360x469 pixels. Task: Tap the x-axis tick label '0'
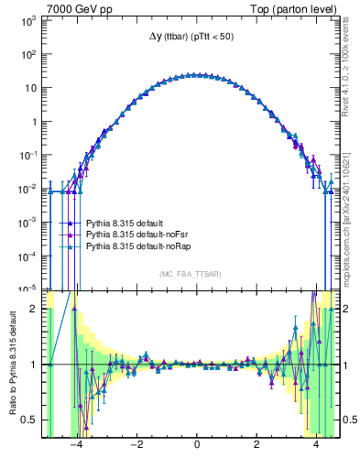click(197, 446)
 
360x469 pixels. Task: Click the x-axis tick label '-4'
click(76, 446)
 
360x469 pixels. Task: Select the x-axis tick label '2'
click(256, 446)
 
